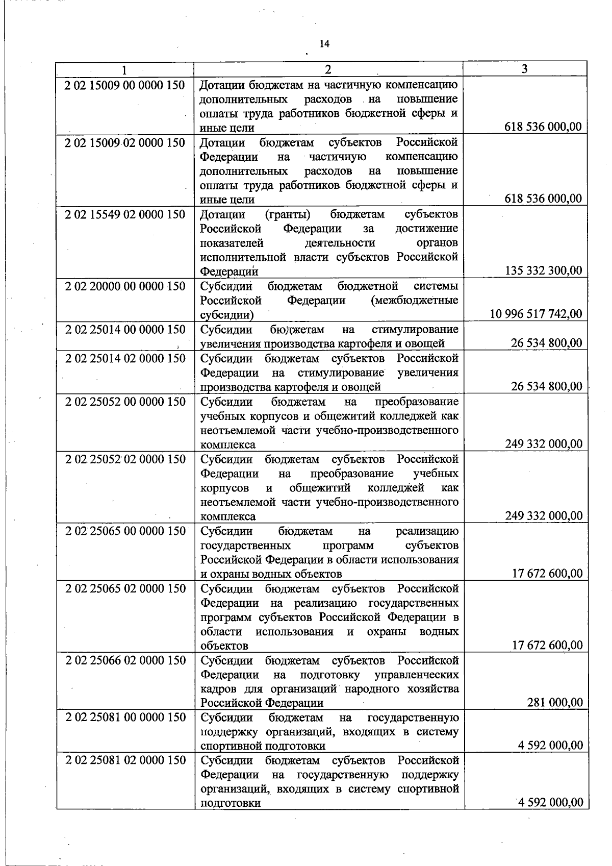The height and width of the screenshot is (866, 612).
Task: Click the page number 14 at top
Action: point(324,44)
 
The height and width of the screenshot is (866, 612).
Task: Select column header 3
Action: point(525,69)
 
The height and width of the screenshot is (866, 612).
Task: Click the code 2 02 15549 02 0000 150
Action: point(125,214)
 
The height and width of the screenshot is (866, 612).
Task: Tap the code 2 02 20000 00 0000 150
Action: point(125,286)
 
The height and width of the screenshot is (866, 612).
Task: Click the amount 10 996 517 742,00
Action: point(535,314)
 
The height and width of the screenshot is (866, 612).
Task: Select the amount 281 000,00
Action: point(554,703)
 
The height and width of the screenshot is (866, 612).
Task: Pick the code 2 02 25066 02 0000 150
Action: point(125,660)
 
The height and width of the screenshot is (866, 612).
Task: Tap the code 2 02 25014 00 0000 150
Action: point(125,330)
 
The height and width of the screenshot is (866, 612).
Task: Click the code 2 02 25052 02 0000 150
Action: point(125,459)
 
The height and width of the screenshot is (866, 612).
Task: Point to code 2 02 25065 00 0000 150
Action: point(125,531)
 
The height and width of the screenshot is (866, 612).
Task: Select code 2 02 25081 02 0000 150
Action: point(125,760)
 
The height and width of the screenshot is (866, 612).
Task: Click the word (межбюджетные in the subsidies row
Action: point(414,301)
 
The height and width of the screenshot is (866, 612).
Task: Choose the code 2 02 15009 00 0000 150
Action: point(125,85)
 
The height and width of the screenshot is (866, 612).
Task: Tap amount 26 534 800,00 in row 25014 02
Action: point(546,386)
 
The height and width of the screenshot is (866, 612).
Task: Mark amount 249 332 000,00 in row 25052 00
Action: point(543,444)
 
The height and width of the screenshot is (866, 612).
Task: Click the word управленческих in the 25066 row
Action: point(416,675)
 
